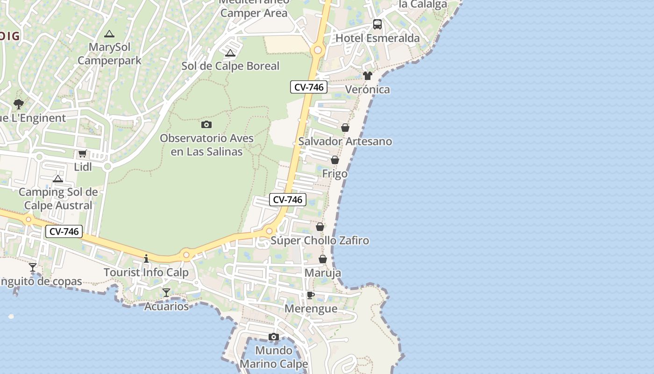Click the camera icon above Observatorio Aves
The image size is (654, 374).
(x=206, y=124)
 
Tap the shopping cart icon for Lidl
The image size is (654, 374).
(x=83, y=153)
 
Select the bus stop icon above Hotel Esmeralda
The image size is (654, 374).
(x=377, y=24)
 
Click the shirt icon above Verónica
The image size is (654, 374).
(x=368, y=75)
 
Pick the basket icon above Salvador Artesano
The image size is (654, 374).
(x=345, y=128)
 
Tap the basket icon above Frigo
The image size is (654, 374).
(x=335, y=160)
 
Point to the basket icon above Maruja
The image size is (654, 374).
(x=323, y=259)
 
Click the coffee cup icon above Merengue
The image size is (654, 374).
(x=310, y=295)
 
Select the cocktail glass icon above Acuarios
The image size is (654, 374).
(x=166, y=293)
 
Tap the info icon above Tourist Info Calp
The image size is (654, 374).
(x=146, y=259)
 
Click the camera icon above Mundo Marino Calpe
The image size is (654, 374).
(x=274, y=337)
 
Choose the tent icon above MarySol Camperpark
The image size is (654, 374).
(x=109, y=34)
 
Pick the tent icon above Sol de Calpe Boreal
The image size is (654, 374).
(x=230, y=53)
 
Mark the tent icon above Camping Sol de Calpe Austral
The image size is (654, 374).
(x=58, y=179)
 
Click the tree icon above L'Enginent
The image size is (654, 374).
(x=19, y=104)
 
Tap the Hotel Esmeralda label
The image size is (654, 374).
(x=377, y=38)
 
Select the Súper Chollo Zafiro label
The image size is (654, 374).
(x=320, y=241)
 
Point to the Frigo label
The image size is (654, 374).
(x=335, y=174)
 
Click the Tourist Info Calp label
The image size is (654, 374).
(x=146, y=273)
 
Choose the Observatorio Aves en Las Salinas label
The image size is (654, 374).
(x=206, y=145)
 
